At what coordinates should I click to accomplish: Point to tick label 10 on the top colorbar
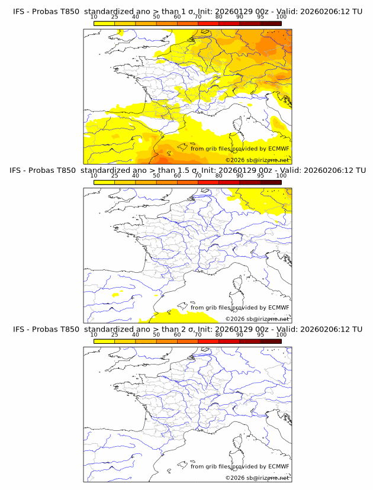(94, 17)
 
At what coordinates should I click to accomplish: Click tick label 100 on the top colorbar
(281, 17)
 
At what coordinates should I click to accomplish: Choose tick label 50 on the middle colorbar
(156, 176)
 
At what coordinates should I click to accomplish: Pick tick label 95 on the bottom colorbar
(261, 334)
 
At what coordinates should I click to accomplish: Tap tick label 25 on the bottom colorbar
(114, 334)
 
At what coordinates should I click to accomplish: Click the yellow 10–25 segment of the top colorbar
(104, 23)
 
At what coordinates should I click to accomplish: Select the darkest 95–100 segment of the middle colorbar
(271, 182)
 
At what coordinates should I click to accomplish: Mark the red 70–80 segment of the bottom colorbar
(208, 341)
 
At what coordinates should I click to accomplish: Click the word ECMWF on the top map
(278, 149)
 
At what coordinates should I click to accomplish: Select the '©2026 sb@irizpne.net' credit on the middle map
(257, 319)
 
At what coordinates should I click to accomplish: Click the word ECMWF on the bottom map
(278, 466)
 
